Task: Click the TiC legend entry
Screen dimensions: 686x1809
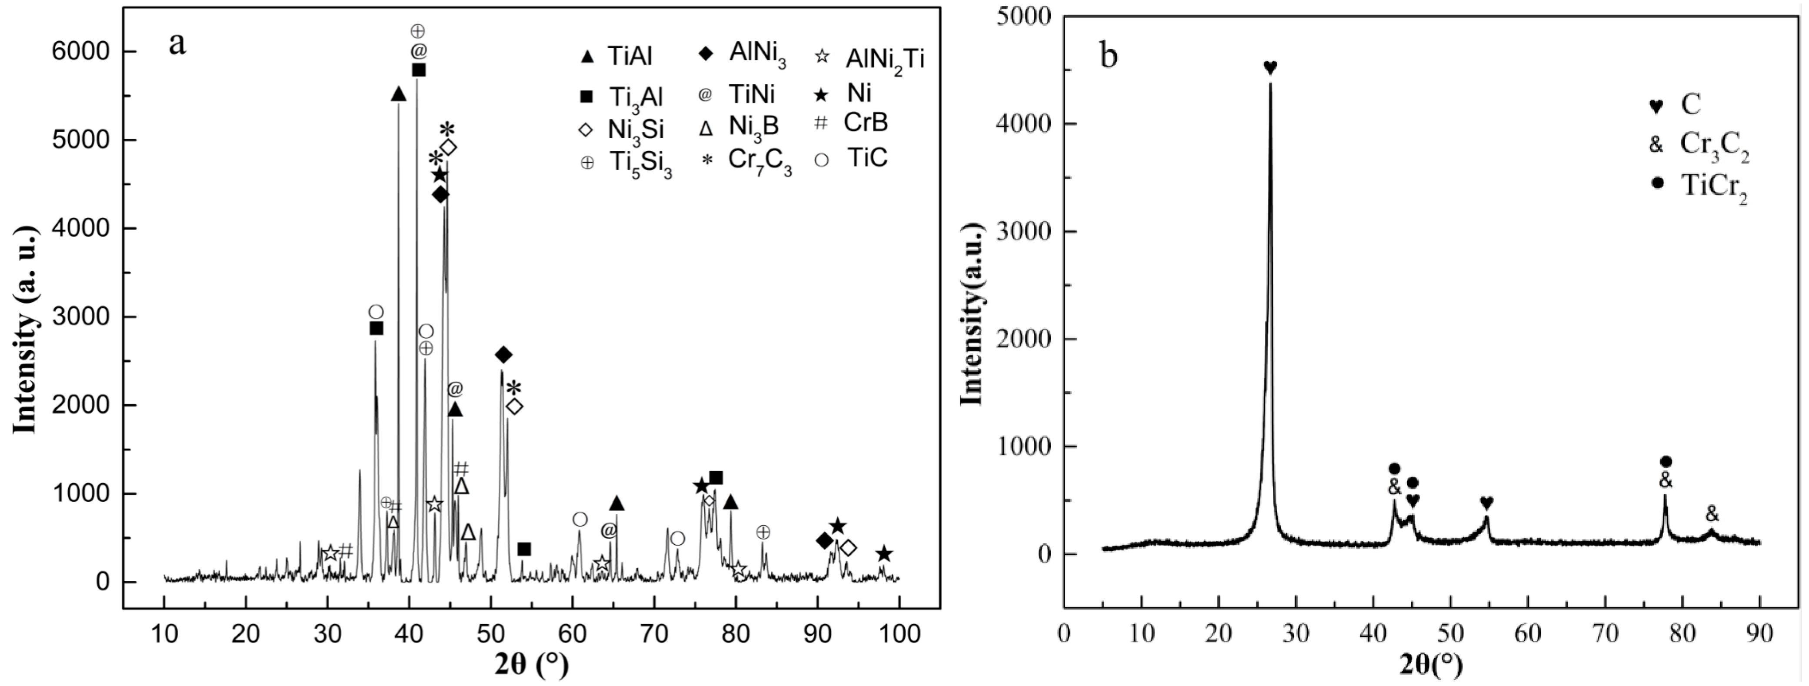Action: click(851, 159)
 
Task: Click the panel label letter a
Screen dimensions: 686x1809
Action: click(178, 43)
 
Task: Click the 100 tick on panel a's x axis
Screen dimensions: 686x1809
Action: click(899, 634)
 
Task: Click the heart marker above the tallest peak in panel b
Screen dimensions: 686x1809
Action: click(1269, 67)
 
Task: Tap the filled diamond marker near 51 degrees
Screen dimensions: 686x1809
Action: click(503, 355)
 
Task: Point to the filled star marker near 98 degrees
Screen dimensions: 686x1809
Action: click(884, 554)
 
